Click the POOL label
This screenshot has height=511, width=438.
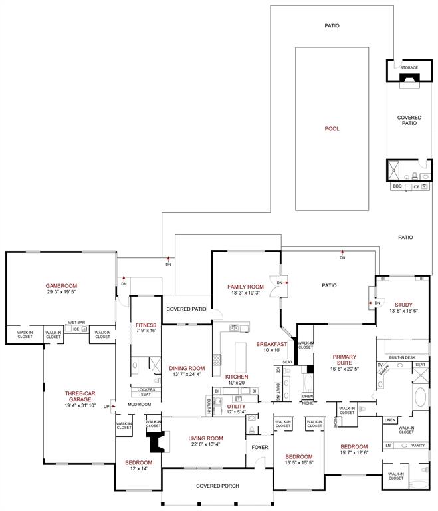(332, 128)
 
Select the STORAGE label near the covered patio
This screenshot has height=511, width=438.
(409, 67)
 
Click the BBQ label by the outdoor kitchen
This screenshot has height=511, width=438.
(397, 186)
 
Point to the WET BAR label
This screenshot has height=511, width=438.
(76, 322)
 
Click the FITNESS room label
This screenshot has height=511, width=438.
(146, 325)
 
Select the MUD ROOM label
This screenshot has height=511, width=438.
(140, 404)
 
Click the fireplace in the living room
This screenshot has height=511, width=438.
(156, 442)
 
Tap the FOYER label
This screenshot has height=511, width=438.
(259, 447)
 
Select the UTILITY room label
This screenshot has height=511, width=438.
(236, 405)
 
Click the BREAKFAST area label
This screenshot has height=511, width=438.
(272, 344)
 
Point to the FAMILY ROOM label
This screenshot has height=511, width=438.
(246, 286)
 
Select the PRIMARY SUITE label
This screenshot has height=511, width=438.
(344, 357)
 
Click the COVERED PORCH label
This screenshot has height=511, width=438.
(217, 486)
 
